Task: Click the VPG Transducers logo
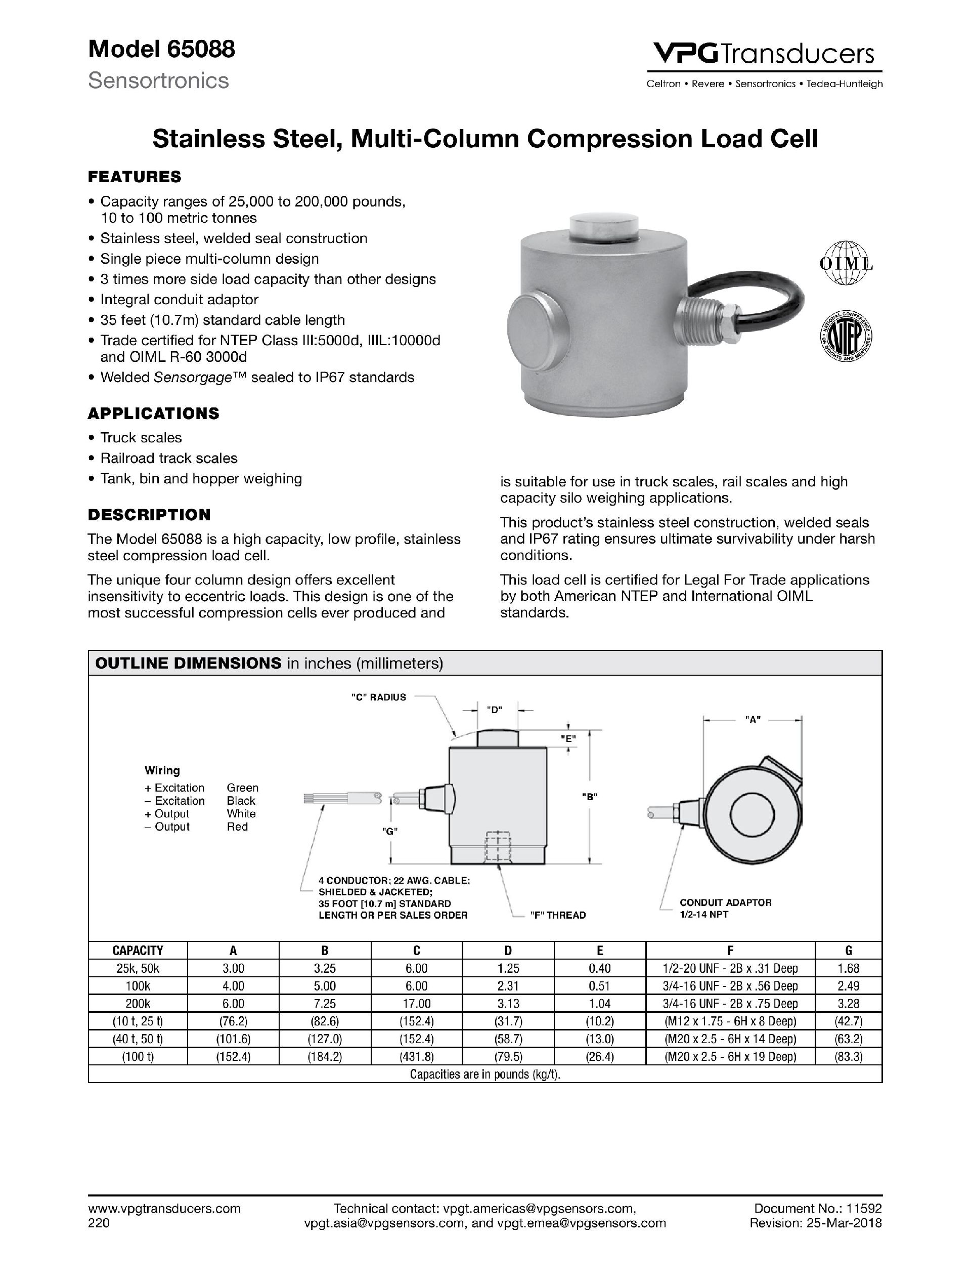click(763, 53)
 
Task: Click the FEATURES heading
click(134, 177)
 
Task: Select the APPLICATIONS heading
click(153, 414)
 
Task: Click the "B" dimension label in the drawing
click(589, 796)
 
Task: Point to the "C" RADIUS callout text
click(378, 697)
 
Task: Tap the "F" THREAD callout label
click(558, 915)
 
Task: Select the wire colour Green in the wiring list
click(242, 788)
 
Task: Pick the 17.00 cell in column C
click(417, 1004)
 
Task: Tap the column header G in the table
click(848, 951)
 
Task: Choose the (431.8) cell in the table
click(417, 1056)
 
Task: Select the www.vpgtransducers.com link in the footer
click(164, 1208)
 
